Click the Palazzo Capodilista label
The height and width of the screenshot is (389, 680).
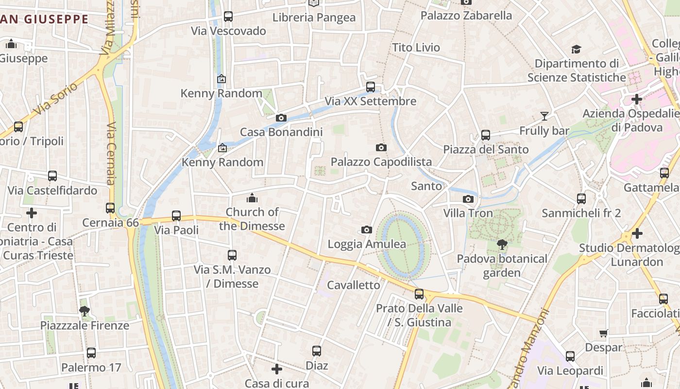(381, 162)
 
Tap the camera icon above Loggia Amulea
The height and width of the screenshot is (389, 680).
(367, 230)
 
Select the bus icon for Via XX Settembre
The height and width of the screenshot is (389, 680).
(371, 87)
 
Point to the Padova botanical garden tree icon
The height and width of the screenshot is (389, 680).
(502, 245)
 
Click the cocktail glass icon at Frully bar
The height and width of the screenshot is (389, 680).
(544, 116)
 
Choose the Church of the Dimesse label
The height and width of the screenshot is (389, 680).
(252, 219)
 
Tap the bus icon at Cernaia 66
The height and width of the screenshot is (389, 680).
(110, 208)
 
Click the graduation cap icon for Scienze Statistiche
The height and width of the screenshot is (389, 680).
(576, 49)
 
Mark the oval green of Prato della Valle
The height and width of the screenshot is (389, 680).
(403, 246)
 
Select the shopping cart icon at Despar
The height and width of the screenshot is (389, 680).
(603, 333)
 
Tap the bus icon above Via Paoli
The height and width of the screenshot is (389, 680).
(176, 215)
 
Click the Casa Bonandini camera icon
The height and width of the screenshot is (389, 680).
(281, 118)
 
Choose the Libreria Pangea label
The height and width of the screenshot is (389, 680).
(314, 18)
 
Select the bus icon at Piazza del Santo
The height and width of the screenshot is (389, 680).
(485, 135)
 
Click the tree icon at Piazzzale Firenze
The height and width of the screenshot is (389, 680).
(85, 311)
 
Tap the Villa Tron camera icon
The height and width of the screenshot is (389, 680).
(468, 199)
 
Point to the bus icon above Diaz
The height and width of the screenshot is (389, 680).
(317, 351)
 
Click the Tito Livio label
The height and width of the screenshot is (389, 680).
(416, 48)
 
